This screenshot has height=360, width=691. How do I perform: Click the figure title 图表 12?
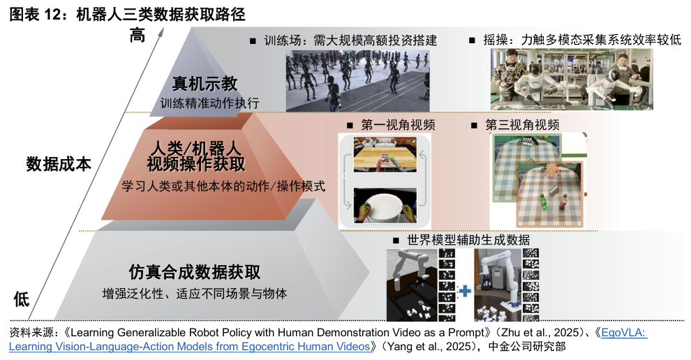click(x=36, y=14)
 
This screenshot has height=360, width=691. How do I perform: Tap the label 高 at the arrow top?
click(x=137, y=35)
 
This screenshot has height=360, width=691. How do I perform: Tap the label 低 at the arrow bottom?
click(x=21, y=299)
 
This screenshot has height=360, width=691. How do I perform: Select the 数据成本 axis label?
click(x=59, y=164)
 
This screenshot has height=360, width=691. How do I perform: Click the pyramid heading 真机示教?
click(x=205, y=83)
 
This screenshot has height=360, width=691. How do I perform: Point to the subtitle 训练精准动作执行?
click(x=210, y=103)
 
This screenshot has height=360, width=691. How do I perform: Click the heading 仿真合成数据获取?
click(x=195, y=272)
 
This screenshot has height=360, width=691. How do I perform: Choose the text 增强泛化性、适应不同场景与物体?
click(x=195, y=294)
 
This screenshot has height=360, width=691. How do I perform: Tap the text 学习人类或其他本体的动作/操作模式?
click(x=223, y=186)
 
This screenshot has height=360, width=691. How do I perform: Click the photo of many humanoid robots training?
click(x=357, y=81)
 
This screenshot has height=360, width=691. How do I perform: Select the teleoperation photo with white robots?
click(x=572, y=80)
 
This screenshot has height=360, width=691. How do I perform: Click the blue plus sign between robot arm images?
click(x=464, y=291)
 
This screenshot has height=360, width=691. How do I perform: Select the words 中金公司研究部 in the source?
click(x=527, y=346)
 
